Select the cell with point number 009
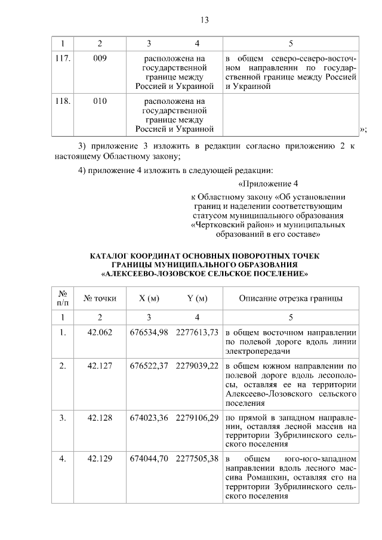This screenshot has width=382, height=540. (x=100, y=59)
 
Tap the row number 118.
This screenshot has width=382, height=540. (x=63, y=101)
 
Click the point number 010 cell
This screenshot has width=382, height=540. (x=100, y=101)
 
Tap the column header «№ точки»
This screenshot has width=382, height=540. (x=100, y=298)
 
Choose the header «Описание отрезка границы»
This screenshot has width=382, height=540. (x=291, y=298)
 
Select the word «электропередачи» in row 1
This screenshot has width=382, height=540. (x=255, y=351)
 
